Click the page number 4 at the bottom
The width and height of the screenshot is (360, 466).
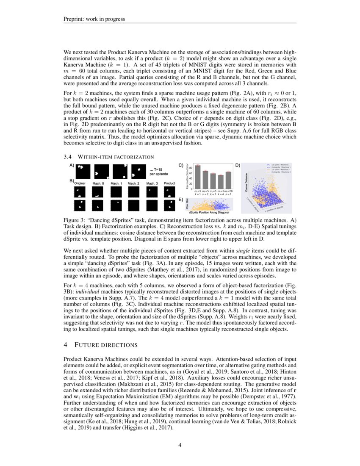pyautogui.click(x=180, y=445)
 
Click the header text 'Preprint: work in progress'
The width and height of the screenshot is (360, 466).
pyautogui.click(x=94, y=19)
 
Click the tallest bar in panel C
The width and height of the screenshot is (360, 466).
pyautogui.click(x=197, y=177)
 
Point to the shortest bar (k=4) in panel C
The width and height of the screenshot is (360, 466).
pyautogui.click(x=221, y=182)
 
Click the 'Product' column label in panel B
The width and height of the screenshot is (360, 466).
pyautogui.click(x=169, y=183)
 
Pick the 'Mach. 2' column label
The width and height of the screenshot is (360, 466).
pyautogui.click(x=133, y=183)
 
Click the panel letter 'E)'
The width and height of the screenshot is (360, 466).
pyautogui.click(x=181, y=200)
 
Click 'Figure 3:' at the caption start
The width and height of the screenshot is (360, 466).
pyautogui.click(x=74, y=221)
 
